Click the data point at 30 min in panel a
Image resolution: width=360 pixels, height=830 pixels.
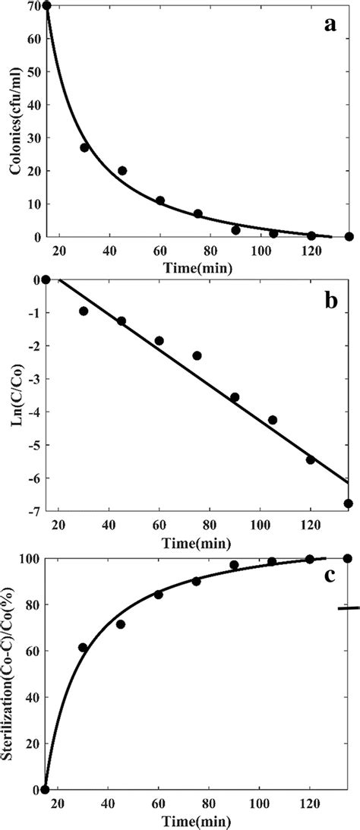[x=84, y=147]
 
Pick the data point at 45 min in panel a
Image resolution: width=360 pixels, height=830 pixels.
[x=122, y=171]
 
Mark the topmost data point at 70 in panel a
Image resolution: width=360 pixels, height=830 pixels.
[x=46, y=6]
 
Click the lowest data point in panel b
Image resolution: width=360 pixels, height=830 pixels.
[x=349, y=503]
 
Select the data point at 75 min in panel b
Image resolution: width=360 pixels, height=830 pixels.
[x=197, y=355]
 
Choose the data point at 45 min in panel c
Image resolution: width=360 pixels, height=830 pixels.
[x=122, y=624]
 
